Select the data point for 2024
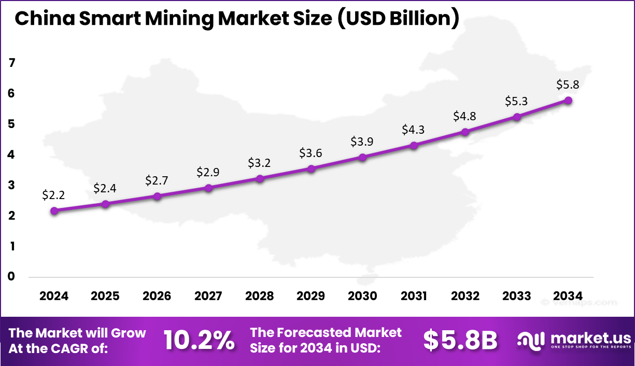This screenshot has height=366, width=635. click(54, 210)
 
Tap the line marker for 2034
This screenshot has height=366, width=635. click(568, 100)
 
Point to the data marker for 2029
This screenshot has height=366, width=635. click(311, 168)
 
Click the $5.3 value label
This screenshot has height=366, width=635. click(516, 101)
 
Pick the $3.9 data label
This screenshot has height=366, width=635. click(362, 142)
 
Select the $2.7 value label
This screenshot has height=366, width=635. click(157, 180)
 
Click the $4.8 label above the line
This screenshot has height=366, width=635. click(465, 116)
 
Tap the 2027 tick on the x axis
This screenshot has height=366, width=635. click(208, 296)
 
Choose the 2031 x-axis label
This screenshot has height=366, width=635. click(414, 296)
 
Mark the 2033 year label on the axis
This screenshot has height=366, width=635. click(516, 296)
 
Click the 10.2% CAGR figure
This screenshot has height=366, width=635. click(199, 341)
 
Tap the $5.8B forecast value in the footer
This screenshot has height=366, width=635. click(460, 341)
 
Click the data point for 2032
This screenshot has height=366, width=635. click(465, 132)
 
